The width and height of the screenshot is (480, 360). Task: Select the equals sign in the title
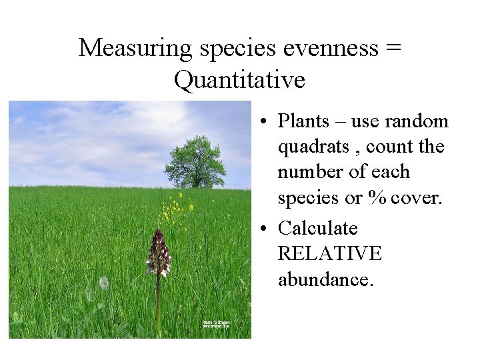click(x=393, y=48)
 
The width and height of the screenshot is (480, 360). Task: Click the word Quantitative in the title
click(x=239, y=80)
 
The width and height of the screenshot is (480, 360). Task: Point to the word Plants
click(x=303, y=121)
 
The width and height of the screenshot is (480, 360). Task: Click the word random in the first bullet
click(x=419, y=121)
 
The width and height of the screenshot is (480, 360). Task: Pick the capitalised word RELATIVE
click(x=329, y=253)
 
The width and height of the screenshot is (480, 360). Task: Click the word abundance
click(x=324, y=279)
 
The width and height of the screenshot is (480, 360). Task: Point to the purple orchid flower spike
click(x=159, y=253)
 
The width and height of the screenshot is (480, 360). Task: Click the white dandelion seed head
click(x=104, y=283)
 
